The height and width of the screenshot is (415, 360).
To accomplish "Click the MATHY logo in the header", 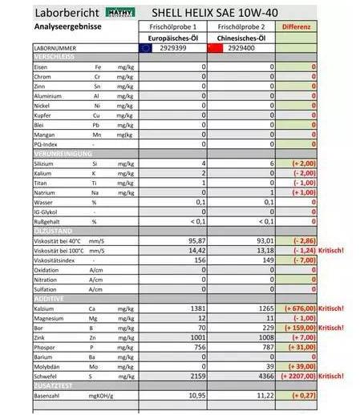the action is tap(119, 13).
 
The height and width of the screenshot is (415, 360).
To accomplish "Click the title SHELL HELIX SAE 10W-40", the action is tap(218, 13).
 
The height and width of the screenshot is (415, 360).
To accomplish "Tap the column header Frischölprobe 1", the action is tap(173, 26).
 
